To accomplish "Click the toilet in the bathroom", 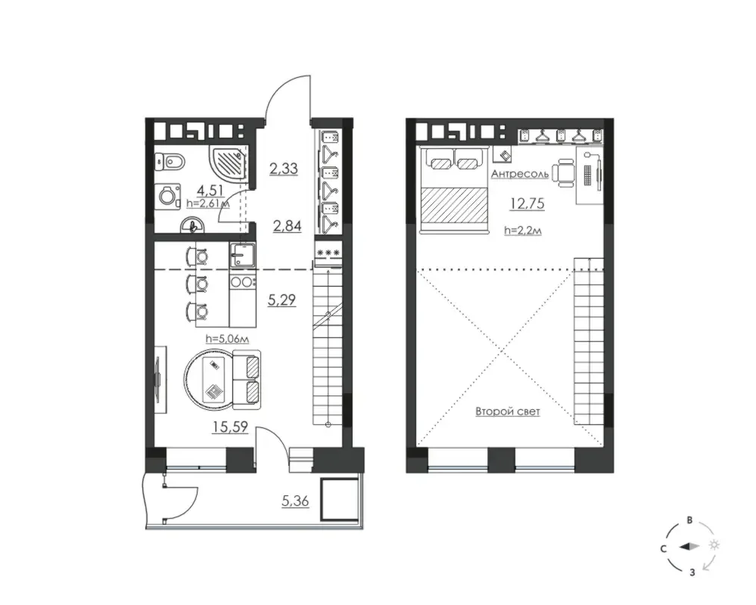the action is point(170,161).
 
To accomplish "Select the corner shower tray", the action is point(228,163).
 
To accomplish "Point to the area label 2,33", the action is point(284,169).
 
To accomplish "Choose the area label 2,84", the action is point(287,225).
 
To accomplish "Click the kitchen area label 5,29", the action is point(282,300).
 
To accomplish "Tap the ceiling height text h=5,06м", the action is point(227,339).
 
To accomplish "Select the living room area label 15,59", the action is point(231,427).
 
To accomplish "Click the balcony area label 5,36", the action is point(295,501).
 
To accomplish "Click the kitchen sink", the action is point(243,254).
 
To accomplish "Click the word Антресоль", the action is point(520,174).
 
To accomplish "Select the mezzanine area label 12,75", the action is point(527,203).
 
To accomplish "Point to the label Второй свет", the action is point(508,412).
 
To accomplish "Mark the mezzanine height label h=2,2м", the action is point(523,231).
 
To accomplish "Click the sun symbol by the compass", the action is point(714,544).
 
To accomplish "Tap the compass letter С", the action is point(664,548).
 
